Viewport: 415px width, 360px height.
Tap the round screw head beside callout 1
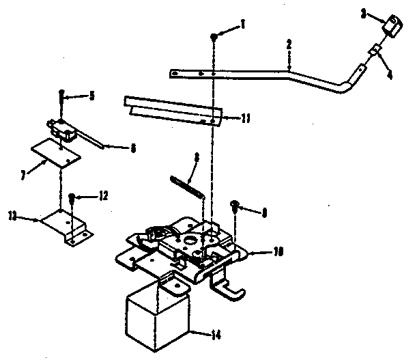point(215,36)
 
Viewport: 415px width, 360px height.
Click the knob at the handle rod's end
point(392,28)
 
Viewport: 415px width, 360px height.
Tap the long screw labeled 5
point(62,102)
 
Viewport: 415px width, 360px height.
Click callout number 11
point(246,117)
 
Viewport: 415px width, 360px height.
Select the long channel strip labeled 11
point(173,109)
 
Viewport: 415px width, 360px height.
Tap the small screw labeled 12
point(72,199)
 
